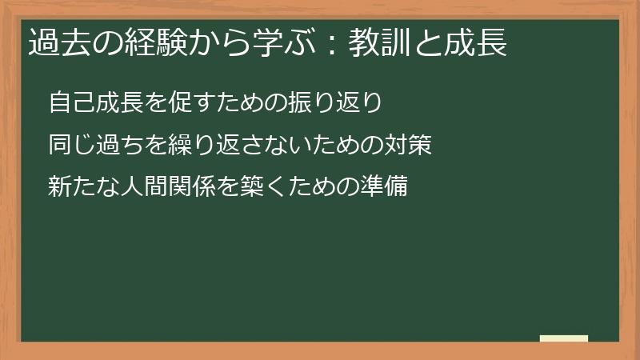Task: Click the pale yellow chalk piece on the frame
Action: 563,338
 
